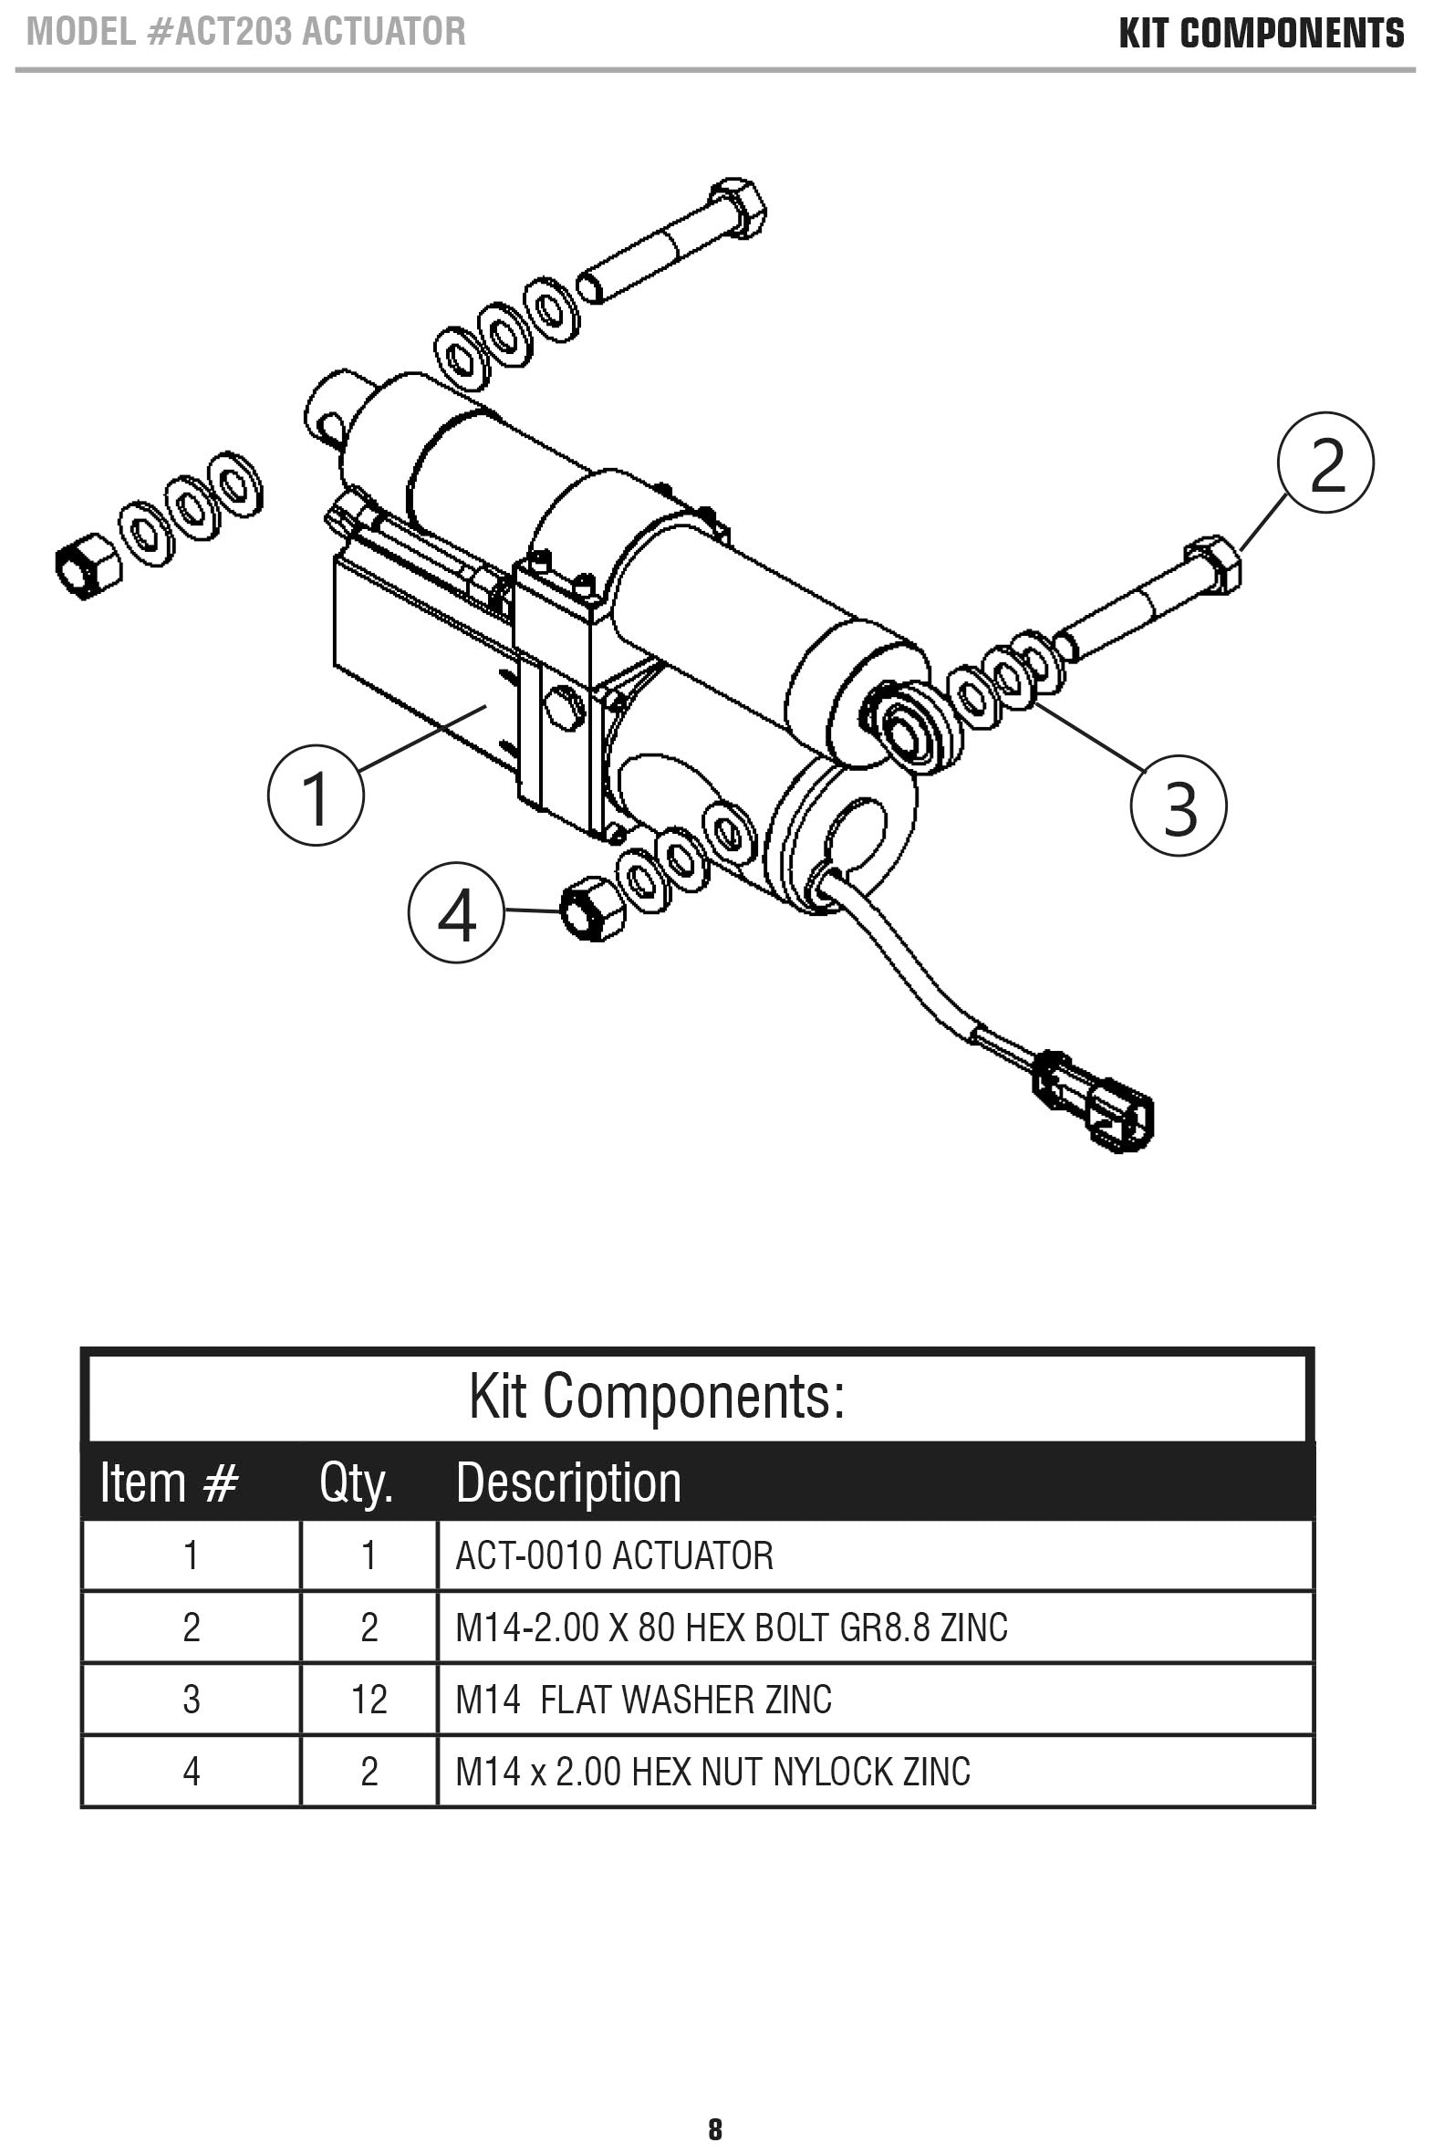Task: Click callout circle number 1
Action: tap(316, 796)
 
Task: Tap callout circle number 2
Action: tap(1326, 463)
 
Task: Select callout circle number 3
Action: tap(1179, 806)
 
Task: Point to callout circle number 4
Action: tap(457, 912)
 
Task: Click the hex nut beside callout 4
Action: tap(592, 908)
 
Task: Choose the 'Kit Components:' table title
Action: tap(657, 1396)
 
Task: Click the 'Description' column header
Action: tap(568, 1482)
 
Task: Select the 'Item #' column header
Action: tap(170, 1482)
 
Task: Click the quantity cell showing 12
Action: tap(369, 1699)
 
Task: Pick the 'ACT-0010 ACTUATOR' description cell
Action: tap(614, 1555)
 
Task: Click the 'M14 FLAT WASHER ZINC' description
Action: tap(643, 1699)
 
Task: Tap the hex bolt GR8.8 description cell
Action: tap(732, 1628)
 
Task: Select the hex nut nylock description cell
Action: tap(712, 1772)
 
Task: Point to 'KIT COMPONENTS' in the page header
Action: tap(1262, 34)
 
